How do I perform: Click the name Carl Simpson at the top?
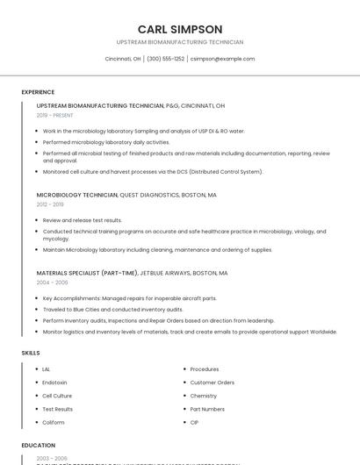[x=180, y=29]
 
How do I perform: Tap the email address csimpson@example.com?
[x=222, y=59]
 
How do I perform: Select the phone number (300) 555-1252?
[x=165, y=59]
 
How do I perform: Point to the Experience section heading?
[x=38, y=92]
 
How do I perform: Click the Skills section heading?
[x=31, y=353]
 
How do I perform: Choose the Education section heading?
[x=39, y=446]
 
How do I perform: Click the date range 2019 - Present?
[x=55, y=115]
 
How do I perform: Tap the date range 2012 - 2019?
[x=50, y=204]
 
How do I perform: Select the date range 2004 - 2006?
[x=52, y=283]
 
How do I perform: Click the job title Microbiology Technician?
[x=76, y=195]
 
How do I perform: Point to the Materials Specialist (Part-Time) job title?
[x=87, y=273]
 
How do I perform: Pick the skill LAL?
[x=47, y=369]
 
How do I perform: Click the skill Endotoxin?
[x=54, y=383]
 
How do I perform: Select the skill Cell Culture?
[x=57, y=396]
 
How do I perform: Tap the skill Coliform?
[x=54, y=423]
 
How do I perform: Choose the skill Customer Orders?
[x=212, y=383]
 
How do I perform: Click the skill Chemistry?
[x=204, y=396]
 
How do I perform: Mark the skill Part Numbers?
[x=207, y=409]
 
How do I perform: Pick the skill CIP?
[x=194, y=423]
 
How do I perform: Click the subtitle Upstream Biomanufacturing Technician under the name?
[x=180, y=42]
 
